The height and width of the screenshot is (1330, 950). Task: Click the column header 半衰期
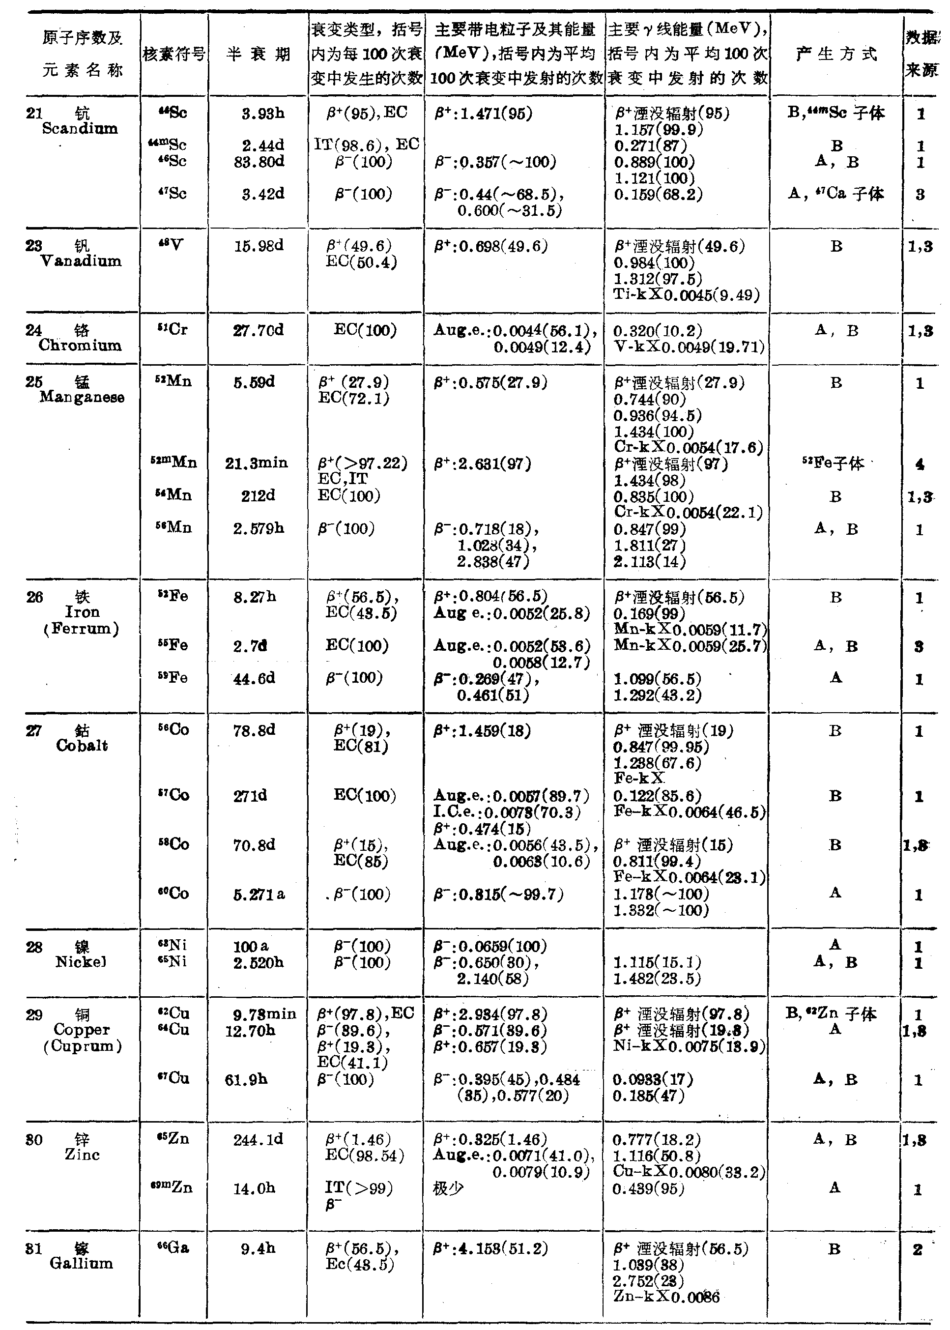coord(258,55)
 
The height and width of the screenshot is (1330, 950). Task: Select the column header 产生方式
coord(836,55)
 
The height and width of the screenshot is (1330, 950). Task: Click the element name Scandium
coord(80,129)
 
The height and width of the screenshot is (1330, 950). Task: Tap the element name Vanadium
coord(81,261)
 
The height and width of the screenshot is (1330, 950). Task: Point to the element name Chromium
coord(80,345)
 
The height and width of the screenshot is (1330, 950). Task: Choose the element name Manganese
coord(82,398)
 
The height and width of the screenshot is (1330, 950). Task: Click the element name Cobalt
coord(82,745)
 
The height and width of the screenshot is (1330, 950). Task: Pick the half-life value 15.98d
coord(259,246)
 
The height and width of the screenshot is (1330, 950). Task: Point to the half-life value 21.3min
coord(257,463)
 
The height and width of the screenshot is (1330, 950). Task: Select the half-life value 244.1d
coord(258,1139)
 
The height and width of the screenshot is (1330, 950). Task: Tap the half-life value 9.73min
coord(264,1013)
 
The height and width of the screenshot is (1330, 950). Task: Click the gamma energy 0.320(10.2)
coord(658,331)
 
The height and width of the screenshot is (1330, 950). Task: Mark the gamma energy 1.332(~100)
coord(661,910)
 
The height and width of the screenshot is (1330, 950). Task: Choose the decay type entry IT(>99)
coord(359,1188)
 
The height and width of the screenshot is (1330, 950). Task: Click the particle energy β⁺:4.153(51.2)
coord(490,1249)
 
